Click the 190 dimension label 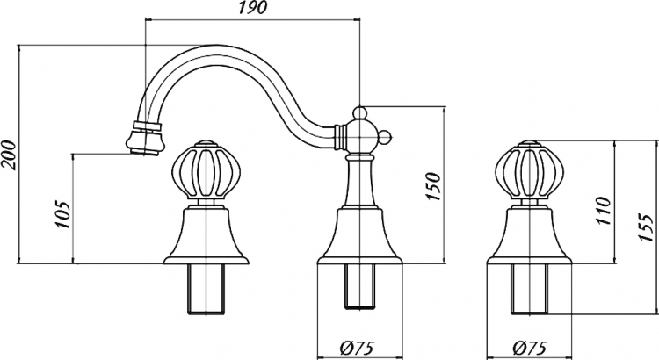click(x=252, y=8)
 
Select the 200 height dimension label click(x=9, y=155)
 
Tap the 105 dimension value click(x=62, y=214)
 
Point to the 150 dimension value click(x=434, y=186)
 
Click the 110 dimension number click(x=604, y=211)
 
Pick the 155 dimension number click(x=647, y=227)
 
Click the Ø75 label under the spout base click(x=356, y=348)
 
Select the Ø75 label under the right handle click(x=529, y=348)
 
